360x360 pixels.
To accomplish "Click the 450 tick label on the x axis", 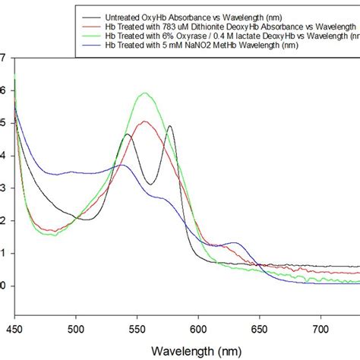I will pos(14,328).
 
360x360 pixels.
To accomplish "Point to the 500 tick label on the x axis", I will pos(75,328).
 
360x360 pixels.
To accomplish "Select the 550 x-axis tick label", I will pos(137,328).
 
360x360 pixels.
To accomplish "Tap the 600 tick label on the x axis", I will pos(198,328).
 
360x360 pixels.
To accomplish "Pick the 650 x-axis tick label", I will pos(260,328).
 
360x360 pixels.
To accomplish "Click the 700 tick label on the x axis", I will pos(321,328).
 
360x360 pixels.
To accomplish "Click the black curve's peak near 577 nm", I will pos(169,126).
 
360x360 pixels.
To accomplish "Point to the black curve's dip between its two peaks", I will pos(152,184).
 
